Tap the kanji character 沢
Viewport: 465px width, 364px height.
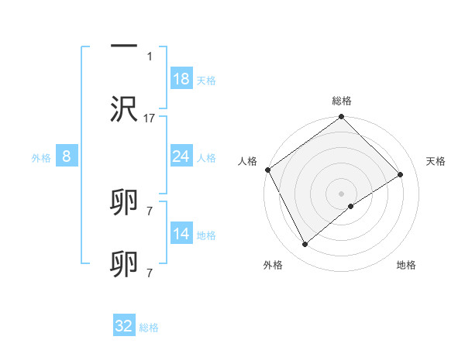(125, 109)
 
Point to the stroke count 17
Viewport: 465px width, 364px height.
(150, 118)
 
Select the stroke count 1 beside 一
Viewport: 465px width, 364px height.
(150, 57)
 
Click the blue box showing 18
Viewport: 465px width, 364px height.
(181, 79)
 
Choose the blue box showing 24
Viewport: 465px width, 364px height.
(181, 156)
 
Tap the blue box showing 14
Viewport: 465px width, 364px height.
(181, 234)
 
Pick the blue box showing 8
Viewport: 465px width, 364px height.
(67, 156)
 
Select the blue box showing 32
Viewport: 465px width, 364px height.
(124, 326)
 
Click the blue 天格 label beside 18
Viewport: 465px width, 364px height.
(206, 81)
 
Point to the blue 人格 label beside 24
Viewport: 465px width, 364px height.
(206, 158)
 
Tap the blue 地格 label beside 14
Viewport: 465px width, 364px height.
(206, 235)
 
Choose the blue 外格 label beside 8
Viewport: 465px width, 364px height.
(41, 158)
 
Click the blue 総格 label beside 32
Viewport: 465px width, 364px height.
(149, 328)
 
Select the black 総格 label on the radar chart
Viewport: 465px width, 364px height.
(342, 101)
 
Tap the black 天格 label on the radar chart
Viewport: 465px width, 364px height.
(436, 161)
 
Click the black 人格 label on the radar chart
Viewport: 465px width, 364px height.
(247, 161)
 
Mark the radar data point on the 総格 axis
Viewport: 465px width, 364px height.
(342, 118)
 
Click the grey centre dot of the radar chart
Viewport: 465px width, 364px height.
(342, 193)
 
